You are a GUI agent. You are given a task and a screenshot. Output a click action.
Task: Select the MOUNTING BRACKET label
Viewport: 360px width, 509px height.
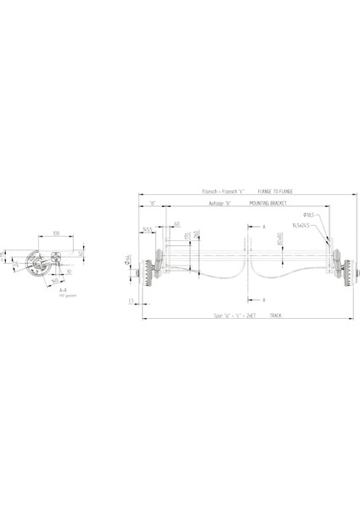click(x=271, y=204)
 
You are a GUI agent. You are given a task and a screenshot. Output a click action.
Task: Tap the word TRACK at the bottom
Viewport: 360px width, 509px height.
click(x=275, y=315)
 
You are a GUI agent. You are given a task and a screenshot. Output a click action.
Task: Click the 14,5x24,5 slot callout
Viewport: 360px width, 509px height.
click(x=301, y=226)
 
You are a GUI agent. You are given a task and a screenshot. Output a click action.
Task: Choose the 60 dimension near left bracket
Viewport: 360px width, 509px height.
click(x=177, y=224)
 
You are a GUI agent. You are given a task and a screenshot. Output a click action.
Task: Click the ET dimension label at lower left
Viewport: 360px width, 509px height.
click(x=132, y=300)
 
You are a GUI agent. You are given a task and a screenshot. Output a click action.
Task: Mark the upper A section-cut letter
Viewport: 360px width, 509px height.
click(x=264, y=227)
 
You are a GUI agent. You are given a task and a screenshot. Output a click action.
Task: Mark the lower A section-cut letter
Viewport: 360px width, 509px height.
click(x=264, y=299)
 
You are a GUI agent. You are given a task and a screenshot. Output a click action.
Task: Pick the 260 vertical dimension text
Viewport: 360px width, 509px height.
click(x=197, y=233)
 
